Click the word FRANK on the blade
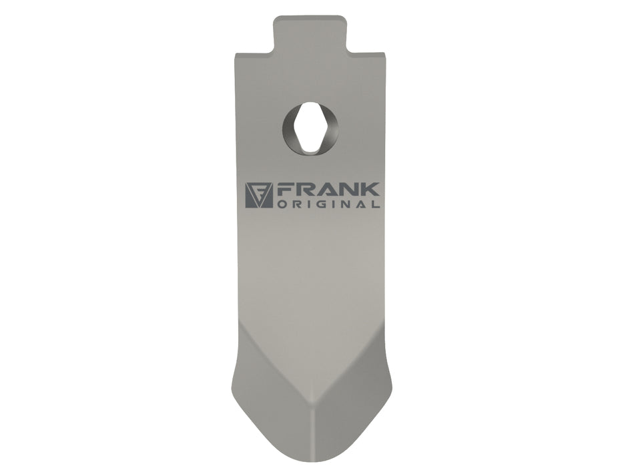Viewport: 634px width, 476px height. pos(328,190)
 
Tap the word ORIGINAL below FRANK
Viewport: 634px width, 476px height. pos(328,204)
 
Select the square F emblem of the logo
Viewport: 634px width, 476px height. pos(259,196)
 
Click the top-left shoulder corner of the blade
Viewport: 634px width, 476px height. pos(235,54)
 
